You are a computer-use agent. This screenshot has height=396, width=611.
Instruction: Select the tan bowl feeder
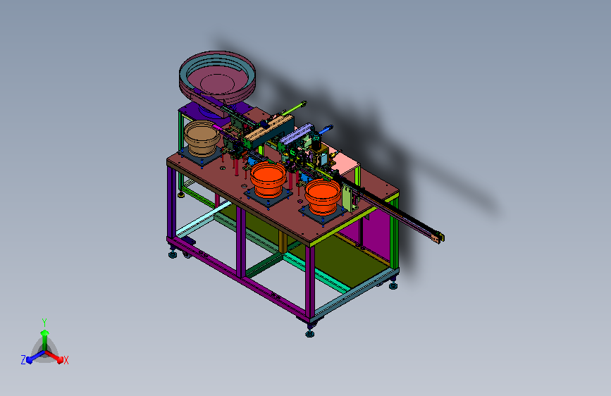[202, 138]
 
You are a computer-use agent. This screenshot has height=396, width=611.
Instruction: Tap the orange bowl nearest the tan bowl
[268, 180]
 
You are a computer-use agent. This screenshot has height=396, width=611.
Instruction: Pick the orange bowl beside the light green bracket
[323, 197]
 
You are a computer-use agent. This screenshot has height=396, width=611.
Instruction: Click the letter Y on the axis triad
[44, 322]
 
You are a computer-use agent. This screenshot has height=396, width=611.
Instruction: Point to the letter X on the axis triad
[66, 361]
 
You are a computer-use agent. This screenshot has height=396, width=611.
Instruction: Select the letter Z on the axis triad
[23, 360]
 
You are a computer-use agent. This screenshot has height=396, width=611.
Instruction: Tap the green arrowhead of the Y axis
[44, 333]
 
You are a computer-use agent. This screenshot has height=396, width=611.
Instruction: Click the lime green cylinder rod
[293, 109]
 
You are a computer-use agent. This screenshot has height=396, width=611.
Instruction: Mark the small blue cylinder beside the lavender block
[326, 130]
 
